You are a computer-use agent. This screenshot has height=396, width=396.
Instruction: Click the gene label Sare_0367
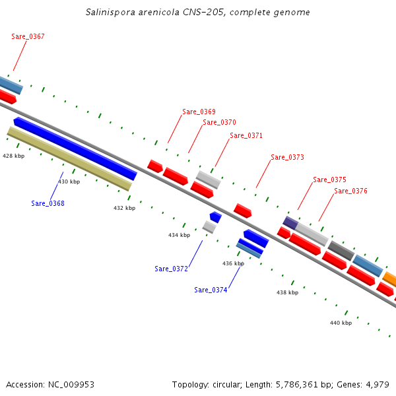(28, 37)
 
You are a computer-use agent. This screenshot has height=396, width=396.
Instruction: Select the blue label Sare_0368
(48, 203)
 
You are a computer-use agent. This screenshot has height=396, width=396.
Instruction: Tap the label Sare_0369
(199, 112)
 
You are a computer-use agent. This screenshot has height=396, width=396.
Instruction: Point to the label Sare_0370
(219, 122)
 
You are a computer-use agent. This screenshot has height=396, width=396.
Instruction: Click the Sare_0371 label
(246, 136)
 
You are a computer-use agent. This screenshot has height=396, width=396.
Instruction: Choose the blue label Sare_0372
(172, 269)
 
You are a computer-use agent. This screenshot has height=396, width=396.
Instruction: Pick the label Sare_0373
(287, 157)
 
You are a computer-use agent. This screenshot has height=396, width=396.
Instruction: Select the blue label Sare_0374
(211, 290)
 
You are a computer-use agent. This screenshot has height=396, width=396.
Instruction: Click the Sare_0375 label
(329, 180)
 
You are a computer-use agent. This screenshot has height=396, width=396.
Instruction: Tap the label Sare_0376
(350, 191)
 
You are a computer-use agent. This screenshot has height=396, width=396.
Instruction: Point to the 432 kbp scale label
(124, 208)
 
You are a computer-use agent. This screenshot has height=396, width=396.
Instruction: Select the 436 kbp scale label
(233, 263)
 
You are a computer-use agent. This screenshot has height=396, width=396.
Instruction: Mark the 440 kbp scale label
(341, 323)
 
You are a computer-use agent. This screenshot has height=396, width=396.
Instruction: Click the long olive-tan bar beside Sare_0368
(69, 159)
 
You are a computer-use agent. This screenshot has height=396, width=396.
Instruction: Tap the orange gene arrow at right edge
(390, 279)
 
